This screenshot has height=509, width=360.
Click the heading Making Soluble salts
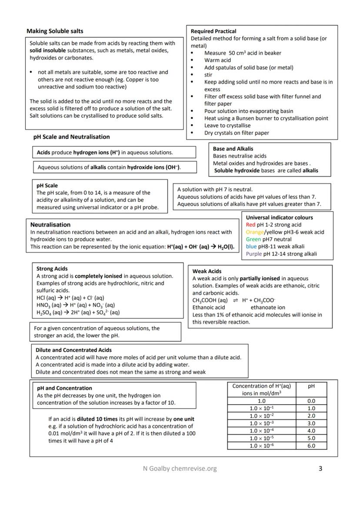(x=55, y=31)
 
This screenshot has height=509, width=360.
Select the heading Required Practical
(x=213, y=31)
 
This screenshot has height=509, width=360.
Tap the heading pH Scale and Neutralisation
(x=71, y=137)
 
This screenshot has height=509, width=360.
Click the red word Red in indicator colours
(x=250, y=225)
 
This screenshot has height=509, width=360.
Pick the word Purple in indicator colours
(x=254, y=254)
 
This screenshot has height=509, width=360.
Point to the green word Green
(x=253, y=240)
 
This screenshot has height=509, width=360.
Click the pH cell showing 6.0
(x=311, y=446)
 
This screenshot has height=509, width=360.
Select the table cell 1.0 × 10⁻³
(x=261, y=423)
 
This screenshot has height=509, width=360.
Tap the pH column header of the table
(x=311, y=386)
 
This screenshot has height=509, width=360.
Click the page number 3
(x=320, y=469)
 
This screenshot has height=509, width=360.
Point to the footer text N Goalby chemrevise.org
(x=180, y=469)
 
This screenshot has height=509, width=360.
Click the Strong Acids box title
(x=52, y=269)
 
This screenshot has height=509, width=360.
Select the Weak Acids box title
(x=207, y=271)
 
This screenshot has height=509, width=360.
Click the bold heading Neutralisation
(x=50, y=225)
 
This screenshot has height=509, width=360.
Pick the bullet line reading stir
(x=208, y=75)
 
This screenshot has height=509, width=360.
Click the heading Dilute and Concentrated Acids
(x=73, y=350)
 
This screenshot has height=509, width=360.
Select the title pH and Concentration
(x=64, y=388)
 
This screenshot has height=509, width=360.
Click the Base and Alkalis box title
(x=233, y=149)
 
